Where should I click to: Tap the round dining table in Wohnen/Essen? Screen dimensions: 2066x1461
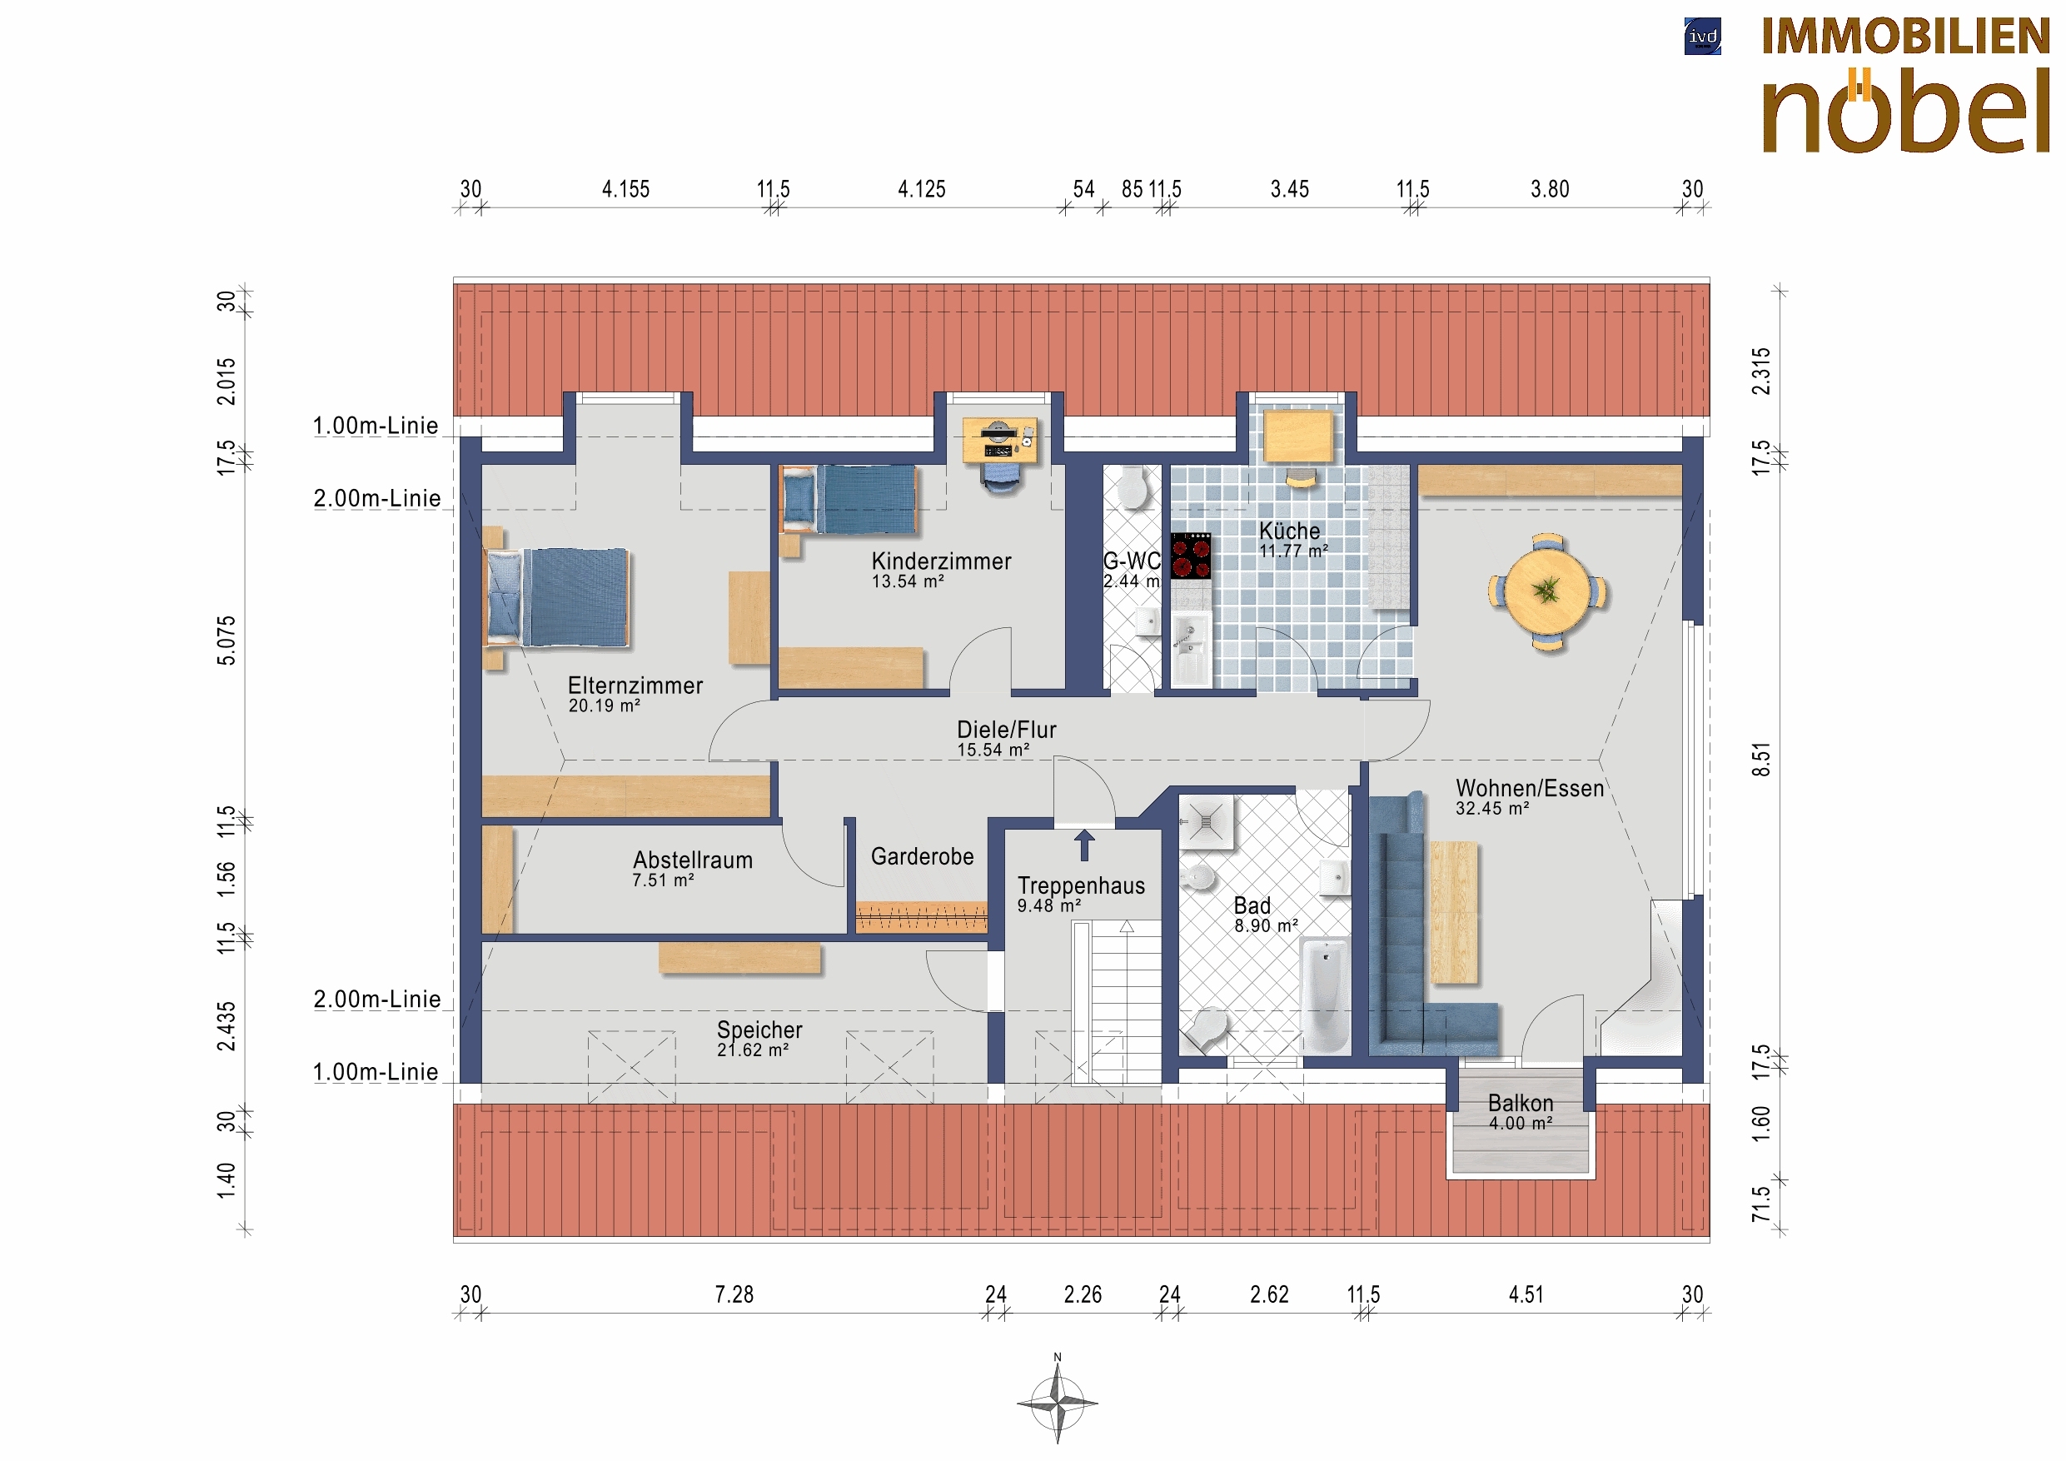tap(1548, 591)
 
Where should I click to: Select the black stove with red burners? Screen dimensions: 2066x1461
tap(1191, 556)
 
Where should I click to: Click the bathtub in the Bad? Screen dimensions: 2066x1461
tap(1326, 995)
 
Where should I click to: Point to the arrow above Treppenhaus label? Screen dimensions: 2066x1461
tap(1084, 845)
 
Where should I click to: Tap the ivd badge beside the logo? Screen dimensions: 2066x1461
tap(1702, 37)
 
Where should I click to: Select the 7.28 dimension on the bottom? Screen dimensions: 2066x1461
tap(734, 1294)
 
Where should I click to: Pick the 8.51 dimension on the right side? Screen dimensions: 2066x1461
tap(1761, 759)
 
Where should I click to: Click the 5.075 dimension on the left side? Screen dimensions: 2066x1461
tap(226, 640)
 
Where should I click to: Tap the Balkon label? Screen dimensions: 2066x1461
tap(1521, 1103)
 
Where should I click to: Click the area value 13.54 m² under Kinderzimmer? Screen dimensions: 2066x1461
tap(907, 581)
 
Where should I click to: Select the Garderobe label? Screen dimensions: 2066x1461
tap(923, 856)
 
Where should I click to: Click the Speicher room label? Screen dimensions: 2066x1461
tap(759, 1029)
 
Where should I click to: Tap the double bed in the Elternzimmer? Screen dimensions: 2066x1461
tap(557, 597)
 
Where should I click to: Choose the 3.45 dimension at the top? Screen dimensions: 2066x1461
tap(1289, 189)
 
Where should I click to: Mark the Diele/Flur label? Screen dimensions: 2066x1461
tap(1006, 729)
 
